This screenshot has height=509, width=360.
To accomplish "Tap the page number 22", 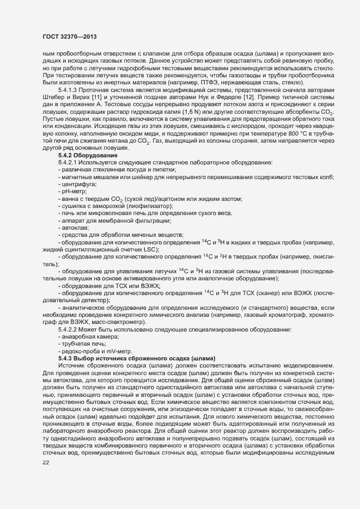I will click(x=45, y=463).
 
